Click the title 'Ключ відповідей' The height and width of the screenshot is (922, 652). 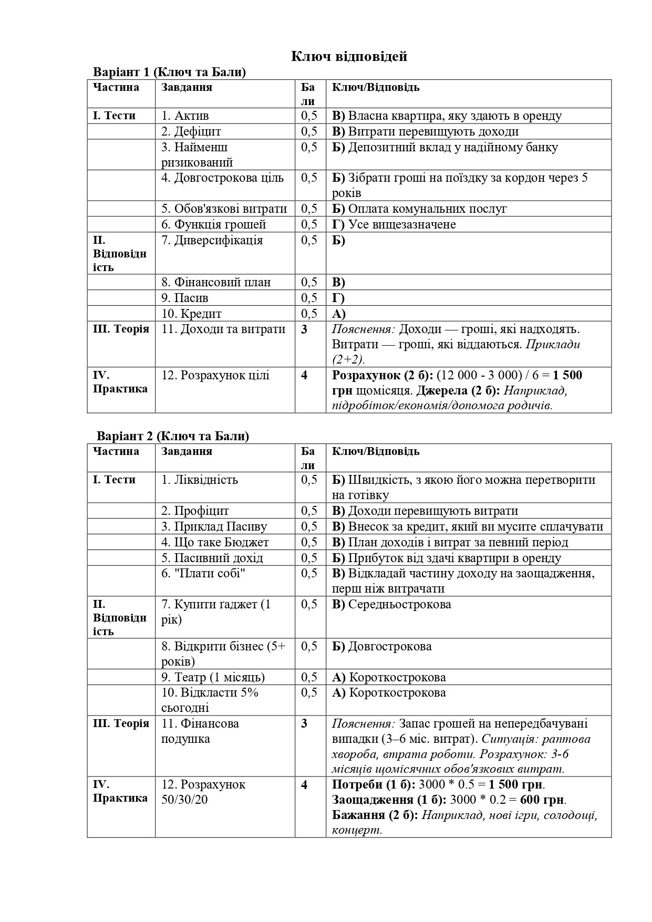click(349, 56)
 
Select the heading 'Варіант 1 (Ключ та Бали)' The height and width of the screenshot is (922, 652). click(169, 72)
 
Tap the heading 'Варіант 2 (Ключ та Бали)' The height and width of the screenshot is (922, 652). click(172, 436)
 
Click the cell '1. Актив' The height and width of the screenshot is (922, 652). click(185, 116)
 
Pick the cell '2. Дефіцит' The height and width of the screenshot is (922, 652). click(191, 131)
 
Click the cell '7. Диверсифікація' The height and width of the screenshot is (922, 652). click(212, 240)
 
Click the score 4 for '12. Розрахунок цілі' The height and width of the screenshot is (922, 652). click(304, 375)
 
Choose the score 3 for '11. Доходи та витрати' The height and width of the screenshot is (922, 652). click(304, 329)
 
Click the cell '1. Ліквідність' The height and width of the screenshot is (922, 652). click(200, 480)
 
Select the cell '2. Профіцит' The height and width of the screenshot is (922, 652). click(195, 511)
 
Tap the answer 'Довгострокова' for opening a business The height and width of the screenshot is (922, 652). click(390, 646)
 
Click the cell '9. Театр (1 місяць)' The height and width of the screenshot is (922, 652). click(213, 677)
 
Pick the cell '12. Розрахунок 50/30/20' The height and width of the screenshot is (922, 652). click(203, 792)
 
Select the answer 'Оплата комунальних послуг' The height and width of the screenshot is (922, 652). click(427, 209)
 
